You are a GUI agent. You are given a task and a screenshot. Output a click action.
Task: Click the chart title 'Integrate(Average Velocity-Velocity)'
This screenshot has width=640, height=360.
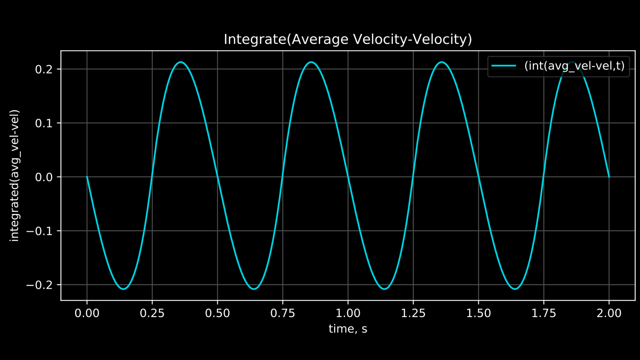[347, 39]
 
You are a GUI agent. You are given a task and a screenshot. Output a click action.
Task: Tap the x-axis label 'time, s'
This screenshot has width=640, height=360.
[347, 329]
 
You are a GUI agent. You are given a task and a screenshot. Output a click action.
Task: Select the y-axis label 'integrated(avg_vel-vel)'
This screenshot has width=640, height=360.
[15, 175]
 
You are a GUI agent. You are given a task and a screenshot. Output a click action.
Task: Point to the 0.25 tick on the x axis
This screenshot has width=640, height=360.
[152, 313]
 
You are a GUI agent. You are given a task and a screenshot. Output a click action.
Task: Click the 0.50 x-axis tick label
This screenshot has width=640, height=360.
[217, 313]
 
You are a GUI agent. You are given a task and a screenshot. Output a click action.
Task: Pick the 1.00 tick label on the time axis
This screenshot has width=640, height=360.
[348, 313]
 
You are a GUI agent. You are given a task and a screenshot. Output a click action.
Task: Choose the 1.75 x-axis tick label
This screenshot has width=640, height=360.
[544, 313]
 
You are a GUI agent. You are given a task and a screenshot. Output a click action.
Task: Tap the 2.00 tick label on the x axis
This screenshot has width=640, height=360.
[609, 313]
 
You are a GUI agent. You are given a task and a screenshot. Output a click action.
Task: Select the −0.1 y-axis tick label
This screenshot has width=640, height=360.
[41, 231]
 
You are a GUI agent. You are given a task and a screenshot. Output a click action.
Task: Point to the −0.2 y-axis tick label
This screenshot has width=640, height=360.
[41, 285]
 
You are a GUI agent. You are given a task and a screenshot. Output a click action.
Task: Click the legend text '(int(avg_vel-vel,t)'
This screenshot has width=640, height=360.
[574, 66]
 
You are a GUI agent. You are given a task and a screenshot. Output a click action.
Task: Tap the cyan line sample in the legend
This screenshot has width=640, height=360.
[504, 66]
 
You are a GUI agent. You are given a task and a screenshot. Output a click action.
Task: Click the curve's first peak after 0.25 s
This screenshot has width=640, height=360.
[181, 62]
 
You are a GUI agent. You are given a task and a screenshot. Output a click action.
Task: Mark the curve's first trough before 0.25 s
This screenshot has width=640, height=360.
[123, 289]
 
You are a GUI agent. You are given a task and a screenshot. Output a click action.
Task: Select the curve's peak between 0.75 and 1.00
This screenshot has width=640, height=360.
[311, 62]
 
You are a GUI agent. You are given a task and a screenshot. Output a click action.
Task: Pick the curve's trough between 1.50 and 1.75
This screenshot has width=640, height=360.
[515, 289]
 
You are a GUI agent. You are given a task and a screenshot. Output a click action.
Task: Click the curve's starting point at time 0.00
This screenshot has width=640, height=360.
[87, 177]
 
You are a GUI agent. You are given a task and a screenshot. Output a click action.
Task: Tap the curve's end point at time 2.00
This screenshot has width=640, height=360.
[609, 177]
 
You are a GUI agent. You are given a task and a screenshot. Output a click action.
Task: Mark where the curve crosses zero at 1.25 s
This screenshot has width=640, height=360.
[413, 177]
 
